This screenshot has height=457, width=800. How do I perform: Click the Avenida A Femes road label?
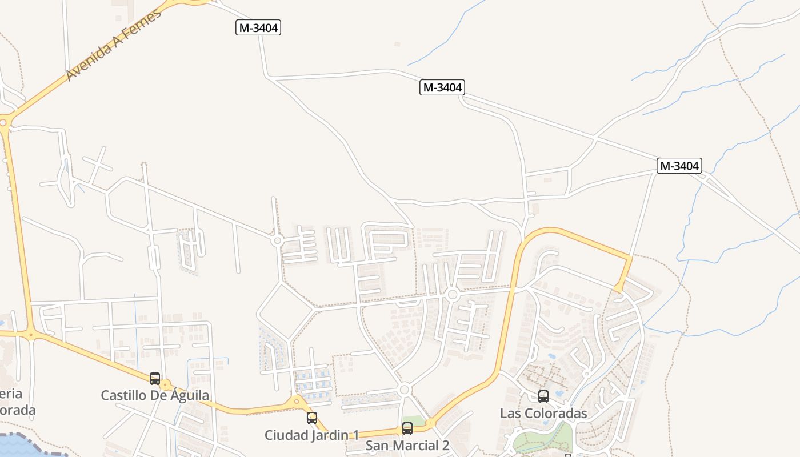pos(114,44)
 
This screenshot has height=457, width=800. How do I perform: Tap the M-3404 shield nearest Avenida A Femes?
pos(258,27)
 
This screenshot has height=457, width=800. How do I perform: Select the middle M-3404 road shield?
pos(442,87)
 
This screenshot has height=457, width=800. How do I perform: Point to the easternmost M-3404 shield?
pos(679,166)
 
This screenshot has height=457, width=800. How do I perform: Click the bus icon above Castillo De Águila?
pos(154,378)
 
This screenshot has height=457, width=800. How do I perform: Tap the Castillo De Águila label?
pos(155,395)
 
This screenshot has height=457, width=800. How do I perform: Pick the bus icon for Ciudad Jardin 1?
pos(311,418)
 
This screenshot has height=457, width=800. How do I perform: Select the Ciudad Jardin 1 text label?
pos(311,435)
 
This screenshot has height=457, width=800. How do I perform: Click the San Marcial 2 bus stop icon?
pos(407,428)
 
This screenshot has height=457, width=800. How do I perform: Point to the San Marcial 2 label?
pos(407,446)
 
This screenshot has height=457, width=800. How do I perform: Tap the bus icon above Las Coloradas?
pos(543,396)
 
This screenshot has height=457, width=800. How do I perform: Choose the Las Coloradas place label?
pos(543,413)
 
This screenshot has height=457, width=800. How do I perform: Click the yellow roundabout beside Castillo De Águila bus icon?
pos(166,385)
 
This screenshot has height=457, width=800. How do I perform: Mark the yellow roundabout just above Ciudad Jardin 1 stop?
pos(296,402)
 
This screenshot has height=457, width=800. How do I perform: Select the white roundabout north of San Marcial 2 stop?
pos(404,390)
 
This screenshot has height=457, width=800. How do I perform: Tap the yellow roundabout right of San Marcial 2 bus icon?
pos(431,423)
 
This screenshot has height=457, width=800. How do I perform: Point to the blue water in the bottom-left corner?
pos(23,446)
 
